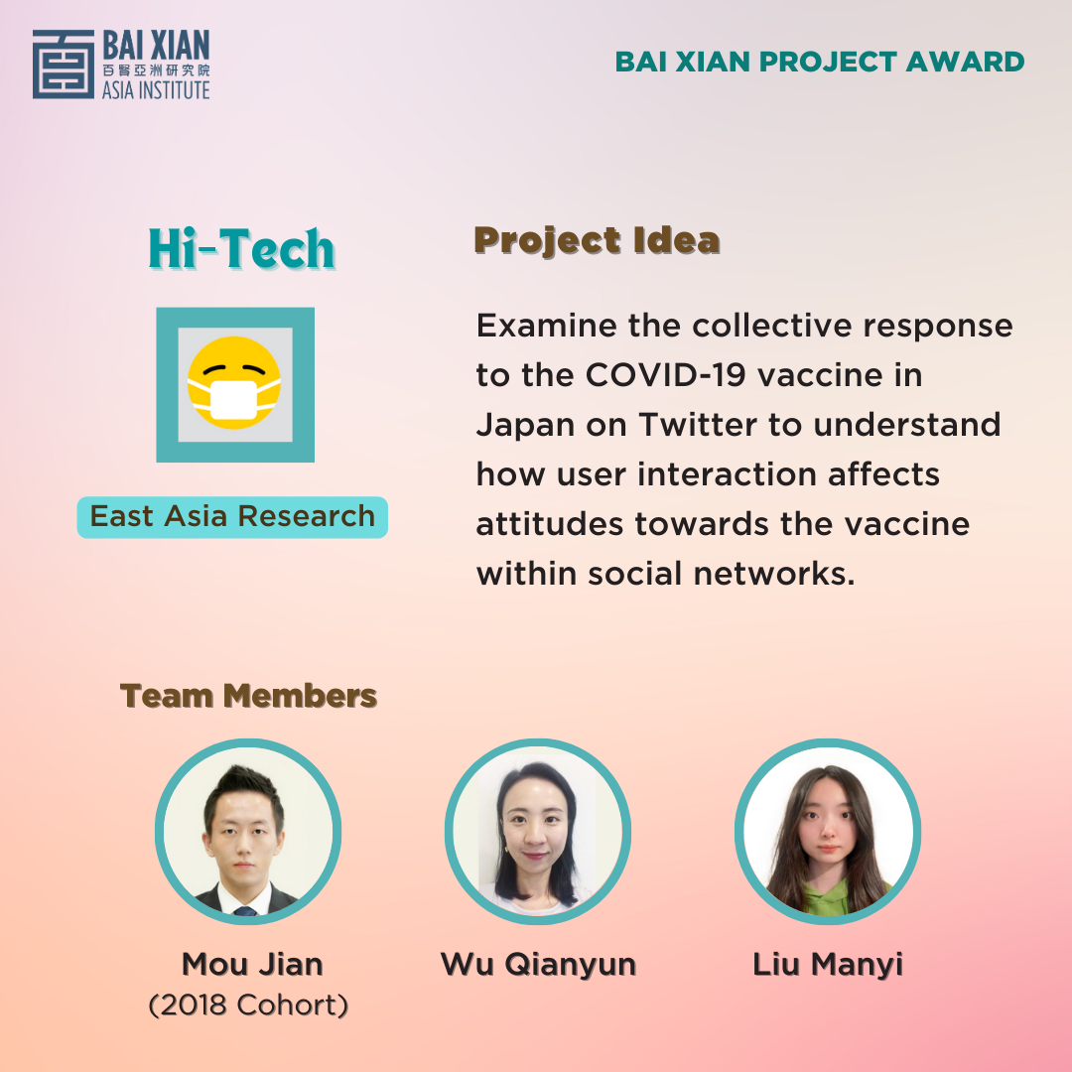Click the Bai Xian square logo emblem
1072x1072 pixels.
[x=64, y=65]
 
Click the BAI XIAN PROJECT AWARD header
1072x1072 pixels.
[x=820, y=62]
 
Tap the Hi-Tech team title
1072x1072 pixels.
[x=241, y=248]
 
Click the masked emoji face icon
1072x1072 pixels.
[x=234, y=383]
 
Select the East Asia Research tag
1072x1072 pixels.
[x=232, y=517]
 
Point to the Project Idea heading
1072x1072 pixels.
[x=597, y=240]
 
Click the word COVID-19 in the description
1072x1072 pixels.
[x=665, y=375]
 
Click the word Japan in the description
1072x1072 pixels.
[x=525, y=426]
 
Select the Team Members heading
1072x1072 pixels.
[x=248, y=696]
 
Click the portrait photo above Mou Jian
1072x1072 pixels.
[x=248, y=832]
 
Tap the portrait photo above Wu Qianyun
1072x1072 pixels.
[x=538, y=832]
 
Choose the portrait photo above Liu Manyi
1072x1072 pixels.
[x=828, y=832]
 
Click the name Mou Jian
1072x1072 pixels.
[x=252, y=964]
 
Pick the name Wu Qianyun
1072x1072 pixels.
[x=539, y=966]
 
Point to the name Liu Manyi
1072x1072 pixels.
[x=828, y=966]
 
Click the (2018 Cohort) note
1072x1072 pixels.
[x=248, y=1005]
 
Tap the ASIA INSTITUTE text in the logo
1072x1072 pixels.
[x=156, y=90]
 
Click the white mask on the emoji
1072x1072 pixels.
[x=234, y=400]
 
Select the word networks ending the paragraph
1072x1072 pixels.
[x=774, y=574]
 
